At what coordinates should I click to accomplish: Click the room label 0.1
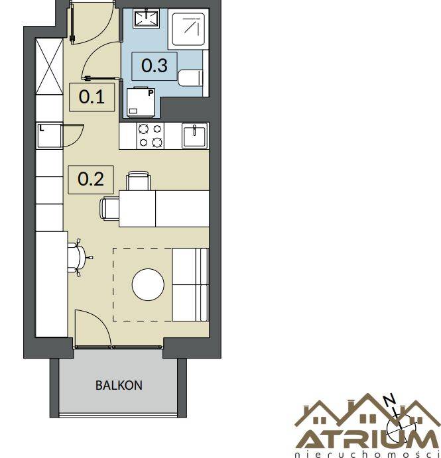click(92, 97)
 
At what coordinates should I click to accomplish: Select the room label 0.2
click(91, 179)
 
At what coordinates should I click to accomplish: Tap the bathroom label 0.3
click(155, 66)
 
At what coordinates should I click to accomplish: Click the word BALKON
click(119, 385)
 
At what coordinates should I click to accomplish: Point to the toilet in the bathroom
click(190, 78)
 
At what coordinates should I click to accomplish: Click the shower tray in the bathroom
click(188, 29)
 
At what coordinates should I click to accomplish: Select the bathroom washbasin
click(146, 19)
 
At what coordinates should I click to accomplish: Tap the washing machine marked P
click(141, 101)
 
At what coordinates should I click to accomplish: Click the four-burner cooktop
click(151, 136)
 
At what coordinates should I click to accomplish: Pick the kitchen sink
click(194, 135)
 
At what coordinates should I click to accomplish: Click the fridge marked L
click(49, 135)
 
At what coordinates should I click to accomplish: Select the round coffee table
click(148, 285)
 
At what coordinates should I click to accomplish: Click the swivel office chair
click(78, 258)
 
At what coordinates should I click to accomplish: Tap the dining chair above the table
click(138, 181)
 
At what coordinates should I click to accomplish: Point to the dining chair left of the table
click(109, 208)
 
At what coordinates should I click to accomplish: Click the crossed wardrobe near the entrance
click(49, 66)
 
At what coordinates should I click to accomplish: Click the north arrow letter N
click(390, 400)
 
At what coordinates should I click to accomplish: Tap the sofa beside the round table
click(190, 285)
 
